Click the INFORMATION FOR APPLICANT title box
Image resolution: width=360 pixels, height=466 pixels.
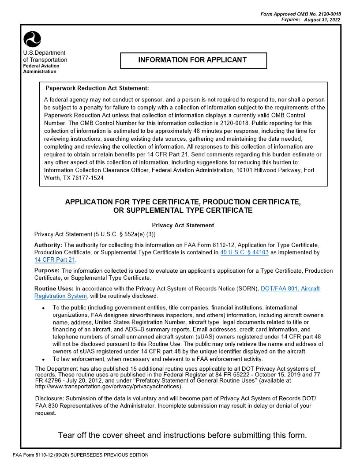(193, 60)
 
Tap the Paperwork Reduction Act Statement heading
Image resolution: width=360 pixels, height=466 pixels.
(97, 88)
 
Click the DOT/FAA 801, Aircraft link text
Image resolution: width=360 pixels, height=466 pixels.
(290, 289)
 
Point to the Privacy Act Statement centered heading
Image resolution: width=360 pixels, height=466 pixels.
(183, 225)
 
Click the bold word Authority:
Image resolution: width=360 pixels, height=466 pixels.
(48, 245)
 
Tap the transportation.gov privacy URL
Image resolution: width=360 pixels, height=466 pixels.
(108, 387)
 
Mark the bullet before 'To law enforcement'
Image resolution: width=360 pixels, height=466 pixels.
(42, 360)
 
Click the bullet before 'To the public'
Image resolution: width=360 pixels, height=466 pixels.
(42, 308)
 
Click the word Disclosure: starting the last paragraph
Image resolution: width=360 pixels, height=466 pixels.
(49, 398)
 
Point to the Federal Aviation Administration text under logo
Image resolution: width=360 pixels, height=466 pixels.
(41, 68)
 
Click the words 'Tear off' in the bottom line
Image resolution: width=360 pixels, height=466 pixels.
(73, 436)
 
